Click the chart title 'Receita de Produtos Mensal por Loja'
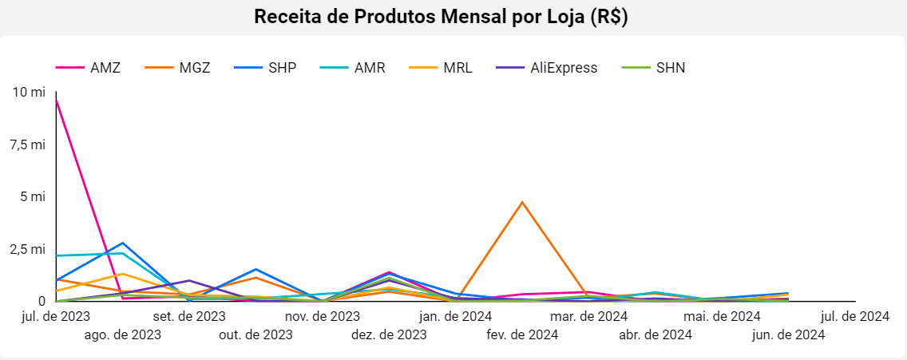point(441,17)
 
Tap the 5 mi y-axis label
point(34,196)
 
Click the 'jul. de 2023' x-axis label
point(56,317)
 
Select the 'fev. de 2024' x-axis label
point(522,334)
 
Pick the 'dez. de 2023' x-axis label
point(389,334)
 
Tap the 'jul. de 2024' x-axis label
point(855,317)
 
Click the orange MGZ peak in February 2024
point(522,202)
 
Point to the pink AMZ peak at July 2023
point(56,99)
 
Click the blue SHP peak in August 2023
point(122,243)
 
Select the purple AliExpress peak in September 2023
point(189,280)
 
